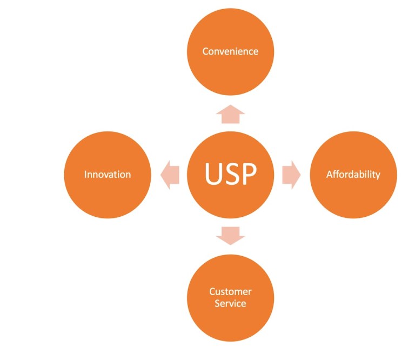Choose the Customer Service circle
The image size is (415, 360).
click(230, 319)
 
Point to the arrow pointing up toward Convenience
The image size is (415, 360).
click(230, 115)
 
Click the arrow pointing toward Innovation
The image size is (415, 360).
click(170, 175)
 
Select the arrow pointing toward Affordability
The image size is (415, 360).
click(291, 175)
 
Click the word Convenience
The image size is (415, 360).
click(230, 51)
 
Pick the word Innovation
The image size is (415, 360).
click(108, 175)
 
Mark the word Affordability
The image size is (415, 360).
click(353, 175)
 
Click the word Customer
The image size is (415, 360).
click(230, 292)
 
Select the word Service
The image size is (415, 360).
click(230, 303)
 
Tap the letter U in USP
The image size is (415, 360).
click(212, 175)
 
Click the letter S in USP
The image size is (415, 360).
click(231, 175)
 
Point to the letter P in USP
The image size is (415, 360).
click(249, 175)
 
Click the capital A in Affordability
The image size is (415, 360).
click(330, 175)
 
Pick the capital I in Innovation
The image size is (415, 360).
click(86, 175)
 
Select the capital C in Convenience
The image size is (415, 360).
click(206, 51)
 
